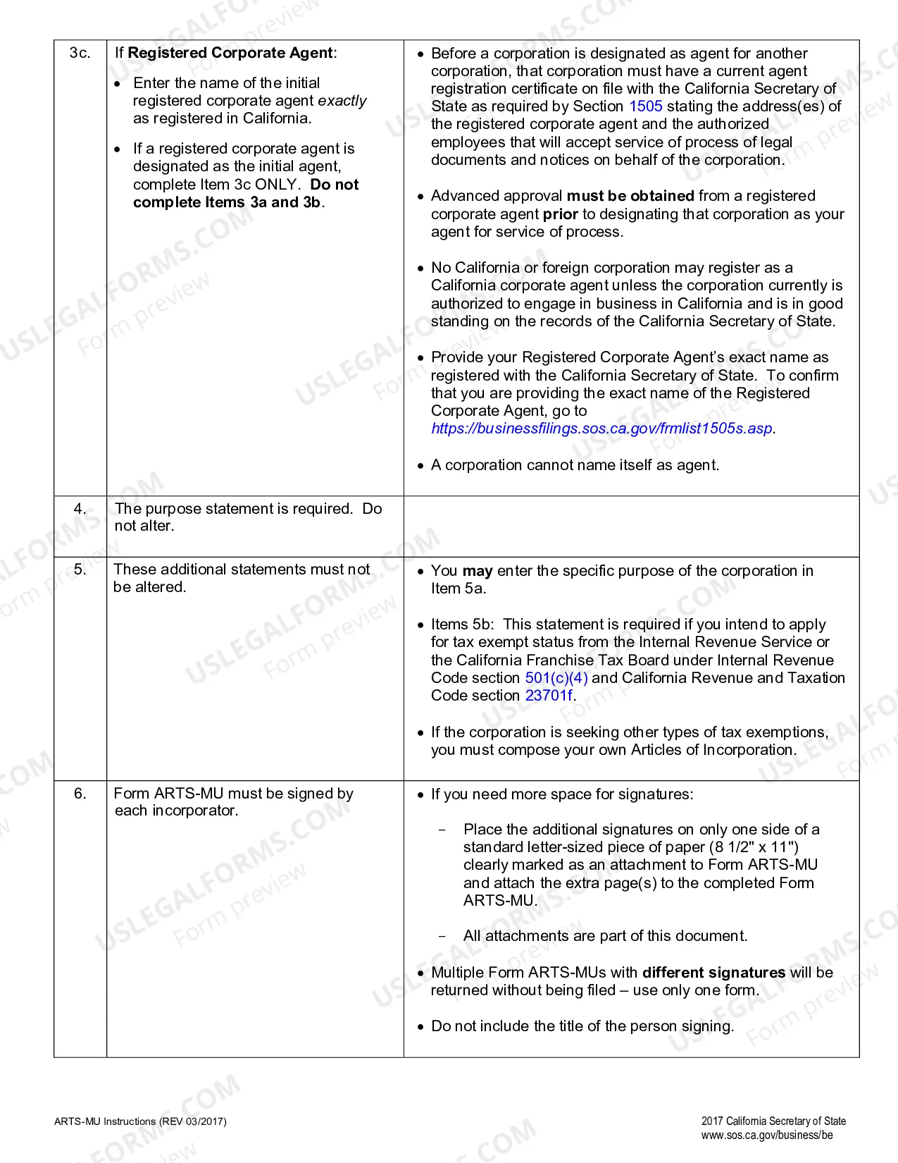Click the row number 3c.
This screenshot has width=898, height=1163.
80,53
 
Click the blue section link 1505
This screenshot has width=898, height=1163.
645,106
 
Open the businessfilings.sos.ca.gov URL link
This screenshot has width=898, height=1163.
601,429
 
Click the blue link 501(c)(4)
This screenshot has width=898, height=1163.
556,678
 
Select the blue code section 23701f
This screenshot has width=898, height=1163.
549,696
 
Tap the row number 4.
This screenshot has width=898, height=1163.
80,508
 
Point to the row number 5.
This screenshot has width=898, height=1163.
80,569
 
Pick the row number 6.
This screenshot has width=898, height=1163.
80,793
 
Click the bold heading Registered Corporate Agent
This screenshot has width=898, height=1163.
230,53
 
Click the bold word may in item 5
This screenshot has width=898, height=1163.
477,571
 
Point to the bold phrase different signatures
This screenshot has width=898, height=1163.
713,973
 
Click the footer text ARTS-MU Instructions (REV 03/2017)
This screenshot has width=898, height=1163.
140,1121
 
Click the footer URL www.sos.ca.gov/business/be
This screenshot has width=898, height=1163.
766,1136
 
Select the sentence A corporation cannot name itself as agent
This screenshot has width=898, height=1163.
575,465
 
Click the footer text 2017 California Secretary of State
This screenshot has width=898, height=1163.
773,1121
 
